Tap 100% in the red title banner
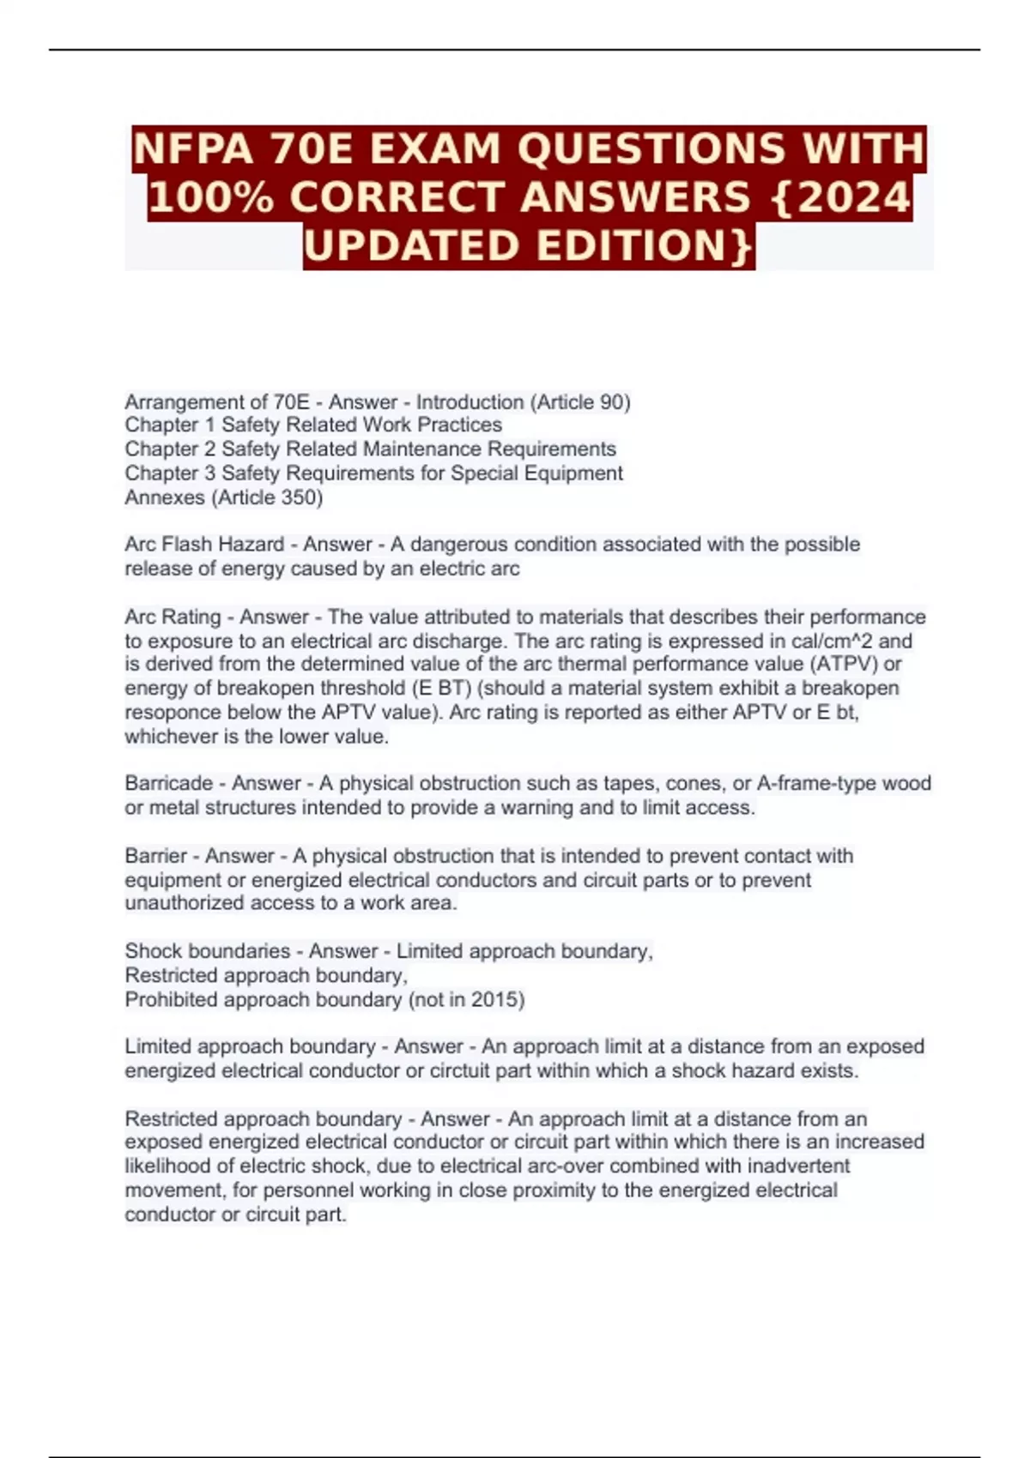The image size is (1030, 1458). click(x=211, y=197)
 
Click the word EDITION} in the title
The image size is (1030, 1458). click(x=645, y=246)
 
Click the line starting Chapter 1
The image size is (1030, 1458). click(x=313, y=425)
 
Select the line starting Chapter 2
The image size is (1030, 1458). click(x=370, y=449)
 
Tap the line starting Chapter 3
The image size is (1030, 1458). click(x=373, y=473)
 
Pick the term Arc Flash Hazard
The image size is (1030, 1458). click(x=204, y=545)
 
